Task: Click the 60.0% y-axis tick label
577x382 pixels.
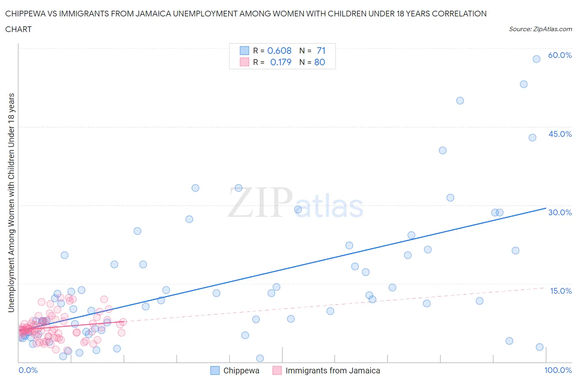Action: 560,55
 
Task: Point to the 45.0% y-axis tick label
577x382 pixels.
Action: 560,134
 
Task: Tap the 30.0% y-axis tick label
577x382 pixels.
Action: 560,212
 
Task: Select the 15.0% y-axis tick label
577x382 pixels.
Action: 561,291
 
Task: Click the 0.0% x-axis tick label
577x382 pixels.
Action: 28,370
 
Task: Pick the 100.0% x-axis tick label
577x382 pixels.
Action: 558,370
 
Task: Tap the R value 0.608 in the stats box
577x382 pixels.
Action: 279,51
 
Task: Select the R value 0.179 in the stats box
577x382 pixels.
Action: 281,62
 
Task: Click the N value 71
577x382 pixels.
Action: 321,51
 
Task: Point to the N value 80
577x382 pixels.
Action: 320,62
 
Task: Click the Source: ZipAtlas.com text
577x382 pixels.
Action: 540,29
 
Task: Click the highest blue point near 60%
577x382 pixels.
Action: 536,59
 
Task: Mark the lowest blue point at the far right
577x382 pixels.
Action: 540,347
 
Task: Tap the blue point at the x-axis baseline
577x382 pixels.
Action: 260,358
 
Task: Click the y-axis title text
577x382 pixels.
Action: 11,203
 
